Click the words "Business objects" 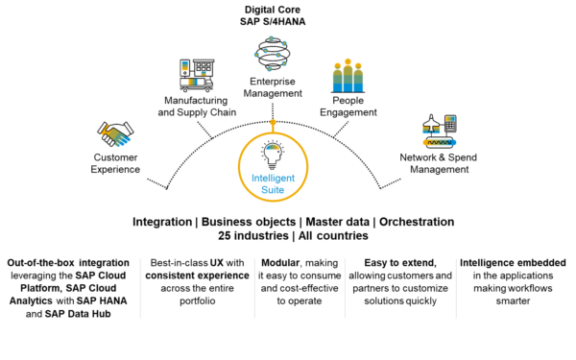click(247, 222)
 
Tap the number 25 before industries click(226, 235)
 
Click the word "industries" click(266, 235)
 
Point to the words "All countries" click(335, 235)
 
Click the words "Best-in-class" click(179, 262)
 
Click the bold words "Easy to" click(382, 262)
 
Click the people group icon click(348, 75)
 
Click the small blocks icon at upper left click(192, 73)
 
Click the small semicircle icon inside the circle click(273, 148)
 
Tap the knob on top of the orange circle click(273, 123)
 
